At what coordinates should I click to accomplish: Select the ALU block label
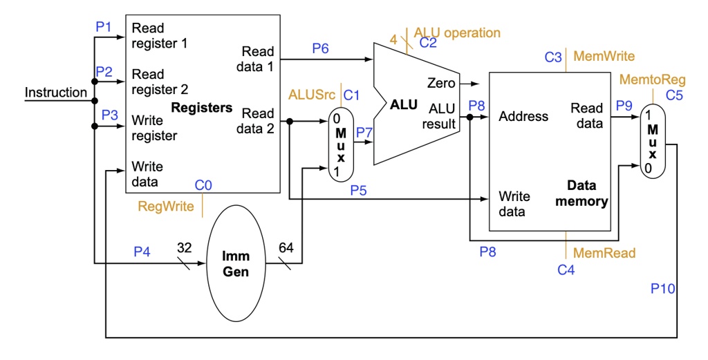[x=404, y=104]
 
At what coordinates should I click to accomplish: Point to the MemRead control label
[x=604, y=253]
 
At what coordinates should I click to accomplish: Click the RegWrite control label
[x=166, y=206]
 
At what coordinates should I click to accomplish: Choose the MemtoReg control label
[x=648, y=80]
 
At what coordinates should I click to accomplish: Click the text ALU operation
[x=457, y=32]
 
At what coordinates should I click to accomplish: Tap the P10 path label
[x=662, y=288]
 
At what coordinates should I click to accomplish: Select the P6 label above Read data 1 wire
[x=320, y=48]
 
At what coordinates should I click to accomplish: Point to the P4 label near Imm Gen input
[x=142, y=252]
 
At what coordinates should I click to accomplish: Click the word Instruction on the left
[x=56, y=92]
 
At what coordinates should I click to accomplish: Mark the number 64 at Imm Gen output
[x=286, y=247]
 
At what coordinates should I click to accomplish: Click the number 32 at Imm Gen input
[x=185, y=247]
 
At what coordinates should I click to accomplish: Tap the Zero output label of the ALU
[x=441, y=84]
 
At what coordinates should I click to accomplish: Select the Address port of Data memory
[x=523, y=116]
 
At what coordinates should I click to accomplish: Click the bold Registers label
[x=202, y=107]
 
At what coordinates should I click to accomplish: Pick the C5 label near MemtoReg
[x=674, y=95]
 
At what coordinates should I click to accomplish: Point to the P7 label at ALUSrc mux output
[x=364, y=131]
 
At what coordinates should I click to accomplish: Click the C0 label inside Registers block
[x=203, y=185]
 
